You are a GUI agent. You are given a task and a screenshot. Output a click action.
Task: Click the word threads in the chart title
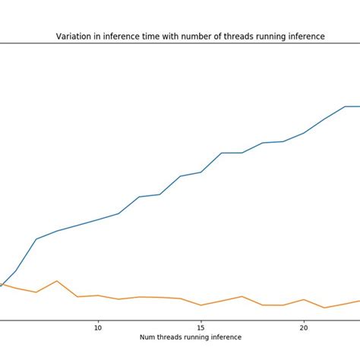228,36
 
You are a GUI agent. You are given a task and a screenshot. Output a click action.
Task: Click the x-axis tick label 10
98,327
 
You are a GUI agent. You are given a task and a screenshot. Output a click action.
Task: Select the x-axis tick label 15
201,327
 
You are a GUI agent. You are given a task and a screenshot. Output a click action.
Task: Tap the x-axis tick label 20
304,327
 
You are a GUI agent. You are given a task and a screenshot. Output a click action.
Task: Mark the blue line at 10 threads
98,219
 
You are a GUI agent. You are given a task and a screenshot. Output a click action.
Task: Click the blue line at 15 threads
201,172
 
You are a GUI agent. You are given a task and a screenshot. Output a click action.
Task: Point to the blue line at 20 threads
304,133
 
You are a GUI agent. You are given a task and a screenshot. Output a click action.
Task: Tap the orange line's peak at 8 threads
57,281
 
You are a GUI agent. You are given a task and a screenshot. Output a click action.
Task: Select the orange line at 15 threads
201,305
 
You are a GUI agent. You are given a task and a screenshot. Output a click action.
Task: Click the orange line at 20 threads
304,299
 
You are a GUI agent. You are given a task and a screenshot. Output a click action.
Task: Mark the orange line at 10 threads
98,295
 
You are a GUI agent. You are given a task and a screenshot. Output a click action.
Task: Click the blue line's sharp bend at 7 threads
36,238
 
